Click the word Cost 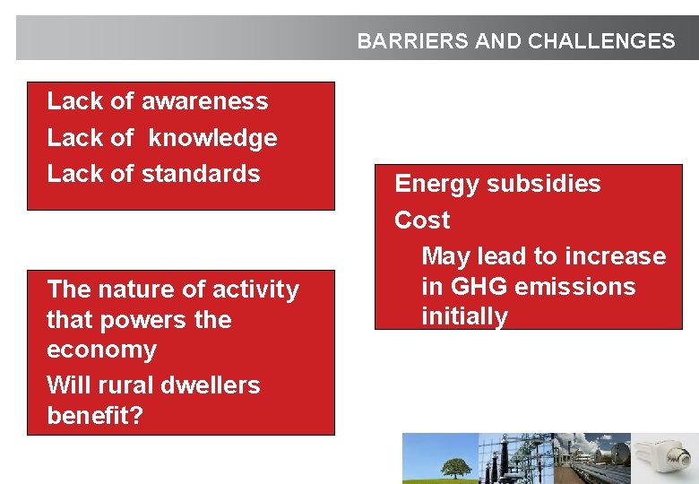(x=422, y=220)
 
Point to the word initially (x=464, y=316)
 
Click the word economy (x=101, y=350)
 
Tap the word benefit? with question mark (x=94, y=416)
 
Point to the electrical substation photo (x=514, y=459)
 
